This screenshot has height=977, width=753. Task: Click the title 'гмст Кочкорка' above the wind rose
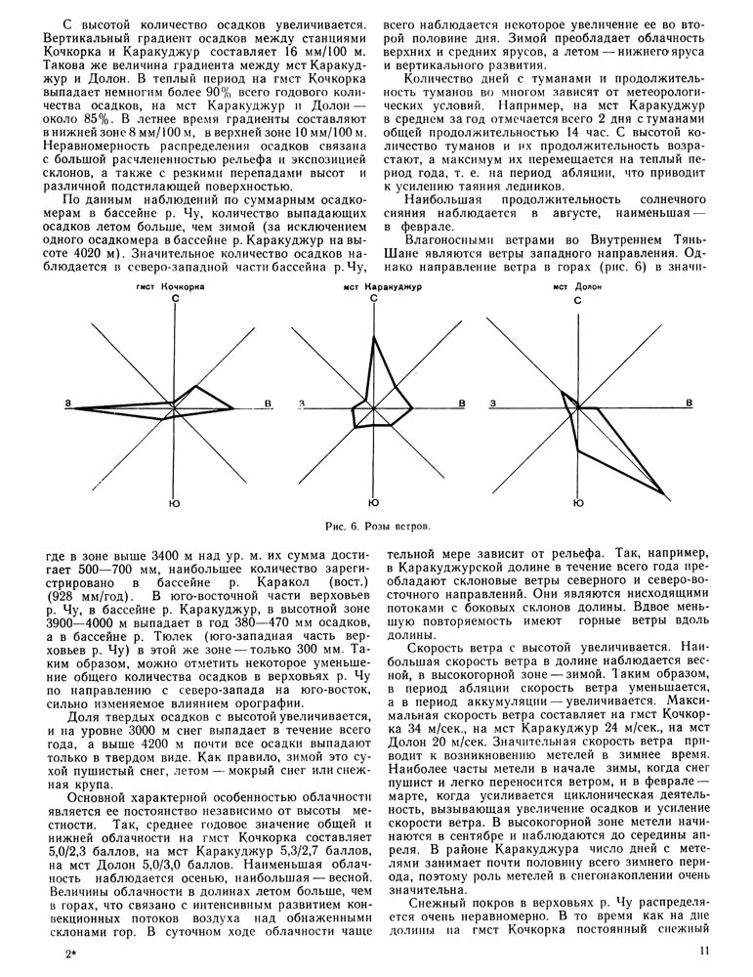(176, 288)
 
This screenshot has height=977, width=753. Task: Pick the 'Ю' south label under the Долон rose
(578, 505)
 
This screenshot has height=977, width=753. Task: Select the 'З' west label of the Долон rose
(492, 404)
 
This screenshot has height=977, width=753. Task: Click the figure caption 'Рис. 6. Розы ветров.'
(376, 527)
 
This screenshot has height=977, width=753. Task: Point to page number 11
(704, 950)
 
